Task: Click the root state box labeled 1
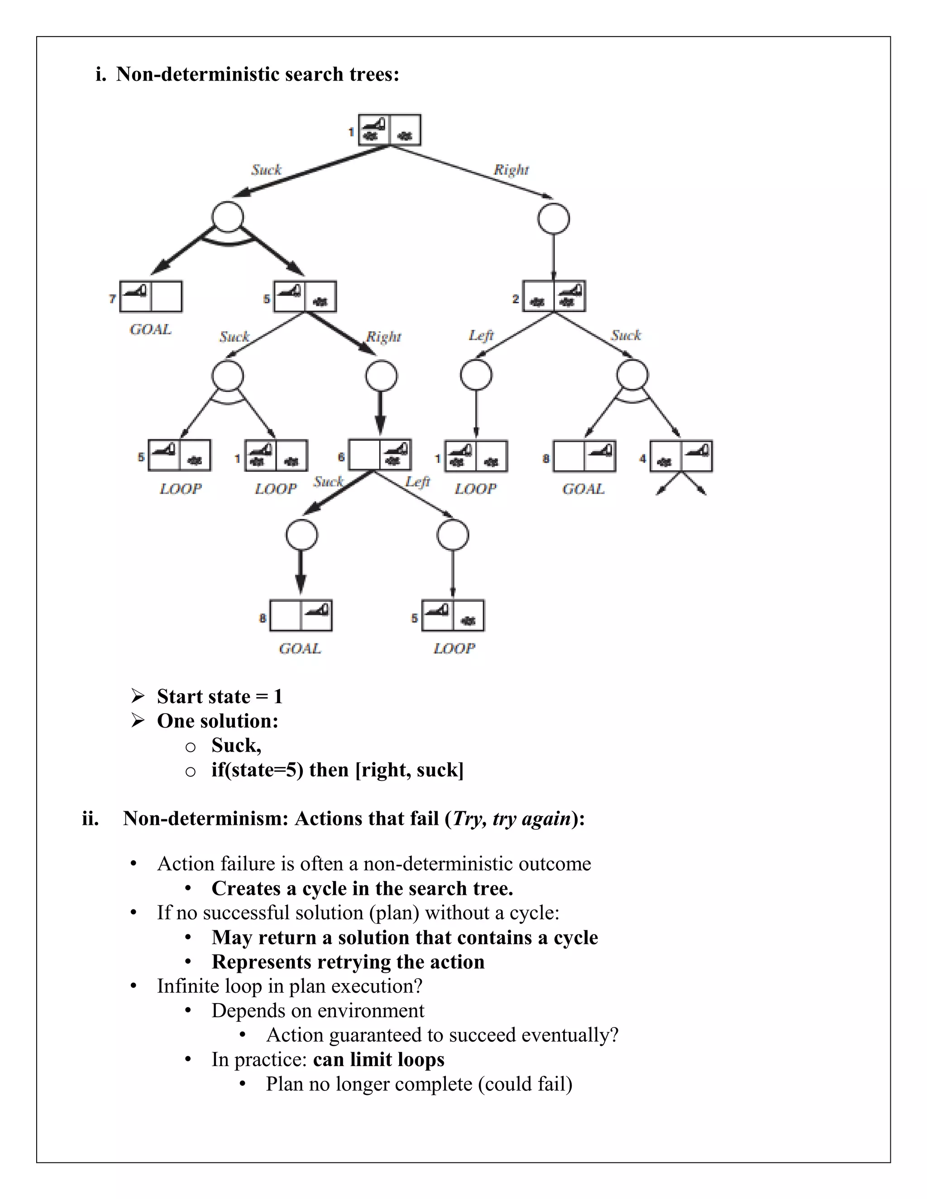click(x=389, y=130)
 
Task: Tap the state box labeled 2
click(x=554, y=296)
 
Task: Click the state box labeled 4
click(x=681, y=456)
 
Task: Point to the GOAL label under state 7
click(x=150, y=329)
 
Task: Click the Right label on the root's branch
click(x=511, y=170)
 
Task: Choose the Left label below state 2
click(x=481, y=335)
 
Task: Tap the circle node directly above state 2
click(x=554, y=219)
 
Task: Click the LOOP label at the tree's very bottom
click(x=454, y=648)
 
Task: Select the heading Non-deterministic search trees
click(x=258, y=74)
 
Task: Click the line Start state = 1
click(x=220, y=696)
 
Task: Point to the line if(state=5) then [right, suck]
click(x=337, y=770)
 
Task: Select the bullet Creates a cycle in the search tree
click(x=362, y=888)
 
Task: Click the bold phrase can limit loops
click(x=378, y=1059)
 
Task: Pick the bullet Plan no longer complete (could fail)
click(x=419, y=1084)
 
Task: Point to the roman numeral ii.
click(x=91, y=818)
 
